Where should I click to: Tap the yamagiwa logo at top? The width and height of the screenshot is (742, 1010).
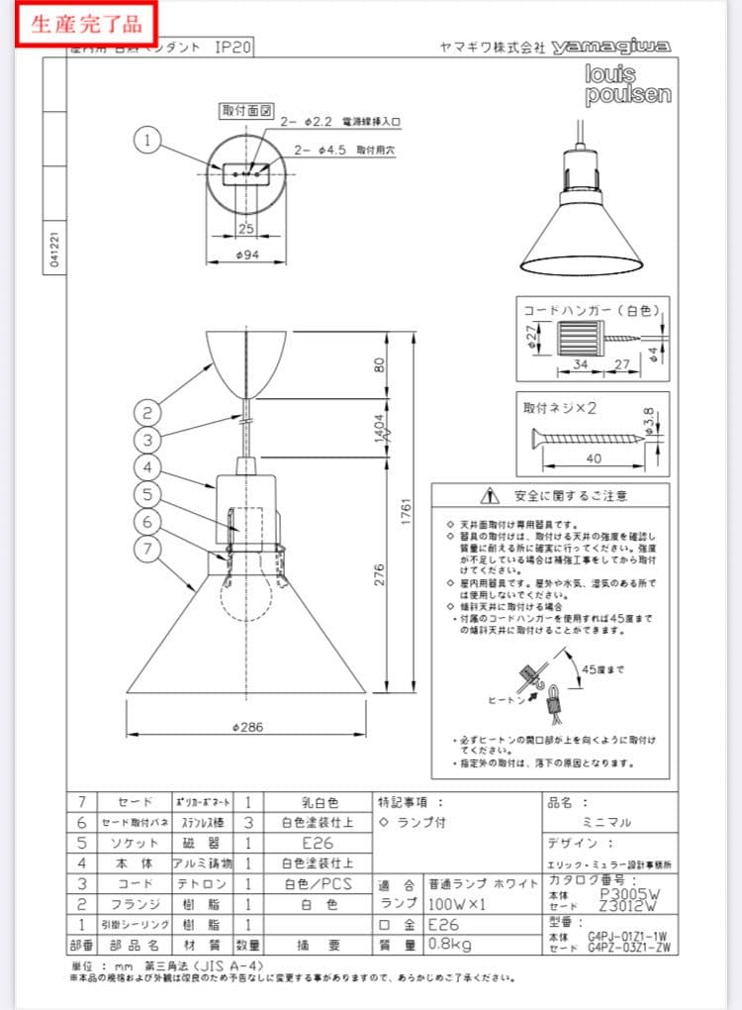tap(611, 47)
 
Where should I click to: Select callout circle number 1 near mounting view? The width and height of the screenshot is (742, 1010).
tap(147, 142)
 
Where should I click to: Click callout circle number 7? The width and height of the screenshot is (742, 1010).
tap(147, 547)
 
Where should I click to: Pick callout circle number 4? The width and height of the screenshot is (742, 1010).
tap(147, 466)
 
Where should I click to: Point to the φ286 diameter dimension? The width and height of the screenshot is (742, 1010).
tap(246, 727)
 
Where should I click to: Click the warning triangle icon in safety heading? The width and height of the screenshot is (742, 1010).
tap(488, 495)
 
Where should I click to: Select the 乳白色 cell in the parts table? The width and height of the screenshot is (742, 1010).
tap(319, 802)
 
